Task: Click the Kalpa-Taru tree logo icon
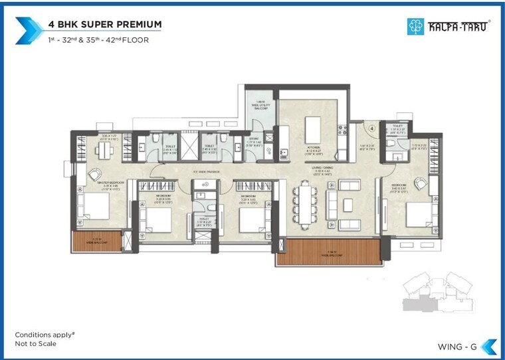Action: [415, 27]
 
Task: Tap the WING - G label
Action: [456, 345]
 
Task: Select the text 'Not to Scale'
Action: [36, 343]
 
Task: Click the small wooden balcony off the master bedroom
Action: [96, 241]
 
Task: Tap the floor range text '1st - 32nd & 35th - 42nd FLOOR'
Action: [98, 40]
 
